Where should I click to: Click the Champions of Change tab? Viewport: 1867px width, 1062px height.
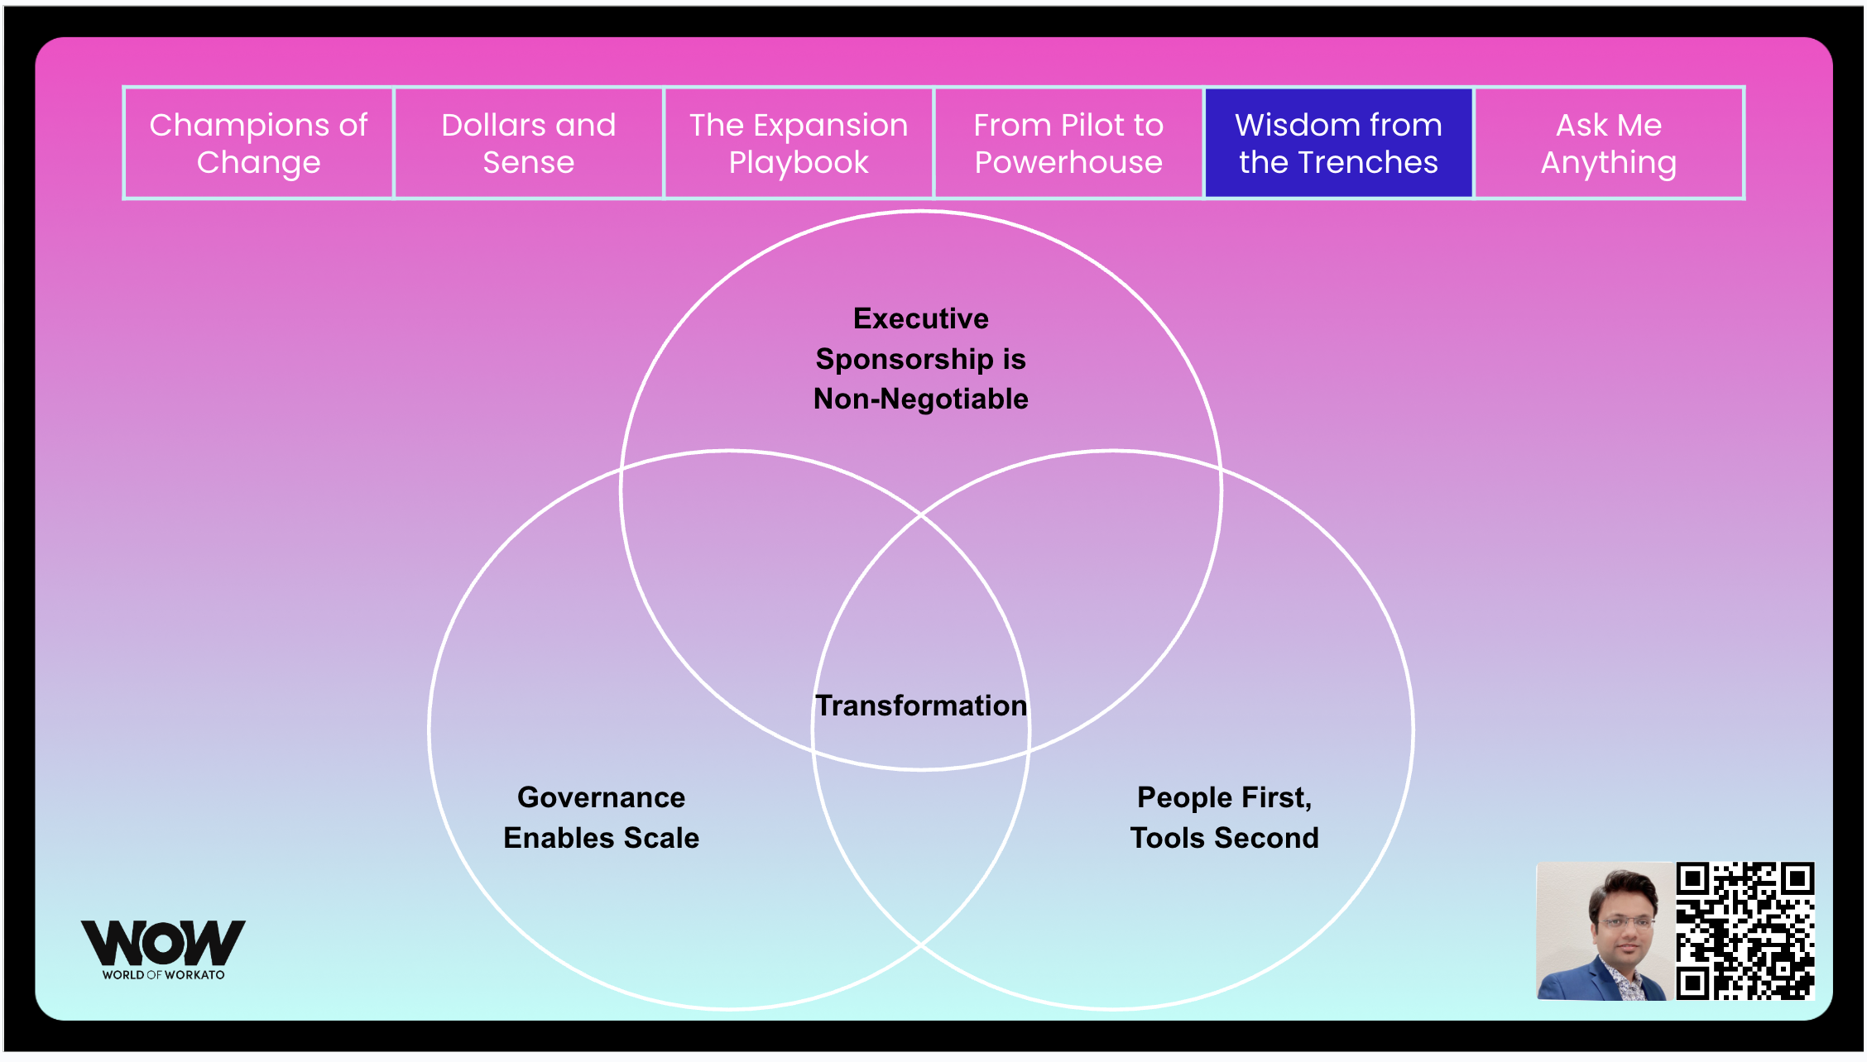click(x=258, y=143)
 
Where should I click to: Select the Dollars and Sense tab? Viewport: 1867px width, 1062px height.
click(x=529, y=143)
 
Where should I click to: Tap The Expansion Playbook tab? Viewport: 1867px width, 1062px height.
click(x=799, y=143)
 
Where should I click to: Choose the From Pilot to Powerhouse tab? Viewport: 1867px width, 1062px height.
click(x=1068, y=143)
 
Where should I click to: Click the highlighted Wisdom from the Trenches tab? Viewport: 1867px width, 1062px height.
click(x=1338, y=143)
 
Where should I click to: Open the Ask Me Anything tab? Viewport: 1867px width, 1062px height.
click(x=1609, y=143)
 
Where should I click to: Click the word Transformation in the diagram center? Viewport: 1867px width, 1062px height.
click(x=921, y=706)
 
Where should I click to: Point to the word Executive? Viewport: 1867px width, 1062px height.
click(x=921, y=318)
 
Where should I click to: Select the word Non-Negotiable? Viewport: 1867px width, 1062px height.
click(x=921, y=399)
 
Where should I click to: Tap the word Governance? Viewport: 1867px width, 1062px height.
click(x=602, y=797)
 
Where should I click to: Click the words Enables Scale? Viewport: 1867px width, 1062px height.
click(x=602, y=838)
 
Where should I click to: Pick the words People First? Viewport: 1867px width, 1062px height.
click(x=1225, y=797)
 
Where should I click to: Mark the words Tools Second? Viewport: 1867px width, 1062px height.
click(x=1225, y=838)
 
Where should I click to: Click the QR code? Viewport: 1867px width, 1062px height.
click(x=1745, y=931)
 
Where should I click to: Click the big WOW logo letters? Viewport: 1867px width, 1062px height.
click(x=163, y=942)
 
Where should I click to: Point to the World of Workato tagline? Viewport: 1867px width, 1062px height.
click(x=163, y=975)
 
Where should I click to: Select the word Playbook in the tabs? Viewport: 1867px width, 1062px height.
click(x=799, y=162)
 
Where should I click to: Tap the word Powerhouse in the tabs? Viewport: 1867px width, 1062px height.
click(x=1068, y=162)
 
